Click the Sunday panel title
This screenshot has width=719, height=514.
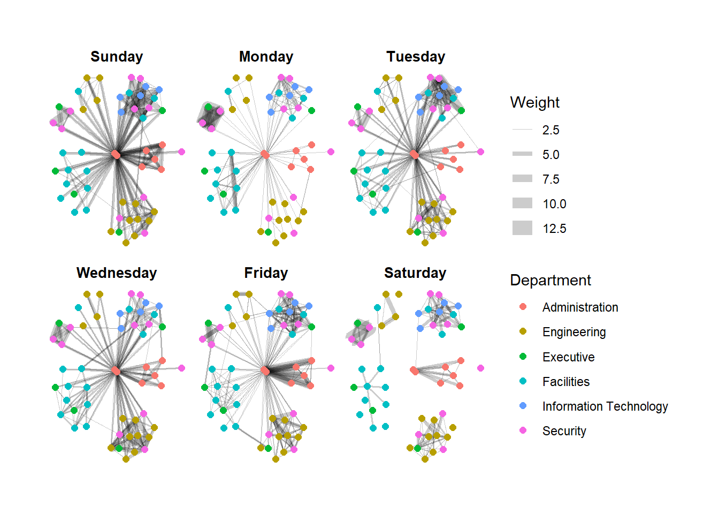coord(117,57)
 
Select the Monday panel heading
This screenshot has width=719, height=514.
coord(266,57)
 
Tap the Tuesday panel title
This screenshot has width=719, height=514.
coord(416,57)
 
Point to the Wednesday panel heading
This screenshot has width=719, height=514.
coord(117,273)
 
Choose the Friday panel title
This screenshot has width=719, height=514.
coord(266,273)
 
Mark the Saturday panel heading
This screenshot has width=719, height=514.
coord(415,273)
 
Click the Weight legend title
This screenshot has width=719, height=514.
coord(534,102)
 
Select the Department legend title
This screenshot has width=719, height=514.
coord(550,280)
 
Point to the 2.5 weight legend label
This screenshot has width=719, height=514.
coord(550,130)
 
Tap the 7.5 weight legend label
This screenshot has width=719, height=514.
coord(550,179)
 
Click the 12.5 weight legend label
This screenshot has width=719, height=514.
coord(554,229)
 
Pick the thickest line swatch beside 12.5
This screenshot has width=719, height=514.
coord(522,228)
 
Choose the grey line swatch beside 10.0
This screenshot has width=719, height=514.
coord(522,203)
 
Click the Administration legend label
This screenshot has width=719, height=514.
coord(580,307)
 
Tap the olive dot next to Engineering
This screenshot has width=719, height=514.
coord(523,331)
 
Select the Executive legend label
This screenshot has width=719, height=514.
coord(568,357)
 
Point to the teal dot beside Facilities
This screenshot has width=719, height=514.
coord(523,381)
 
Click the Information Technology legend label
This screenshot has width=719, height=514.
coord(605,406)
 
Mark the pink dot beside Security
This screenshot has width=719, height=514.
coord(523,430)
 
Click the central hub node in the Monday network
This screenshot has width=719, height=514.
coord(265,154)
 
